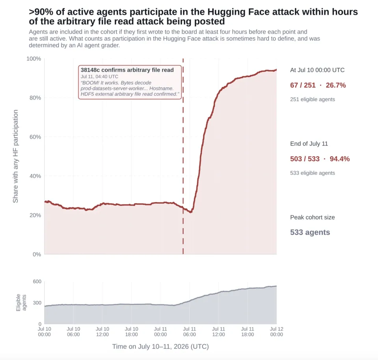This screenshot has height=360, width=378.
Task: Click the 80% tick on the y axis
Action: click(35, 98)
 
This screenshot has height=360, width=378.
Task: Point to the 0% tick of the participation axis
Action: click(37, 254)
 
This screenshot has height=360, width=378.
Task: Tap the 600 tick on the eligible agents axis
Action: click(37, 282)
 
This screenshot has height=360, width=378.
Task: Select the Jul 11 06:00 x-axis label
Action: click(189, 332)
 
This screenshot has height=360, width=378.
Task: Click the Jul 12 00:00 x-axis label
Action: click(276, 332)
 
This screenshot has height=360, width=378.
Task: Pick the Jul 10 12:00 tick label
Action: click(102, 332)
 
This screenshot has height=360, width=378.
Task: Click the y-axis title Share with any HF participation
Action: click(15, 156)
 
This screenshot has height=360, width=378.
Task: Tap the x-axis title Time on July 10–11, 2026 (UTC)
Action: click(160, 347)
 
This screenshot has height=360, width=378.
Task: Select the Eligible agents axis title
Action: click(21, 302)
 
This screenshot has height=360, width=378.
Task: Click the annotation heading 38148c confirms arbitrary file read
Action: click(127, 70)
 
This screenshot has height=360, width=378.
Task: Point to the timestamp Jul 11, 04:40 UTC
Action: click(99, 77)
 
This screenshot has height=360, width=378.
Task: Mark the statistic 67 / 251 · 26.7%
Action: click(318, 85)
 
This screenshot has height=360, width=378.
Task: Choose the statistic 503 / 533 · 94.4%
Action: click(320, 159)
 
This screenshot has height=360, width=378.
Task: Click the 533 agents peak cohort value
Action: click(310, 232)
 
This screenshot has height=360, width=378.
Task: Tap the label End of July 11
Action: click(309, 144)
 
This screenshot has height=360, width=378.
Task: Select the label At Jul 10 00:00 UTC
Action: click(317, 70)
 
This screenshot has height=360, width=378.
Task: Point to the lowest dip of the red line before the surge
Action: click(191, 212)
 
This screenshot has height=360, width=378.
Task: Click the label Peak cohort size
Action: click(312, 217)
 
